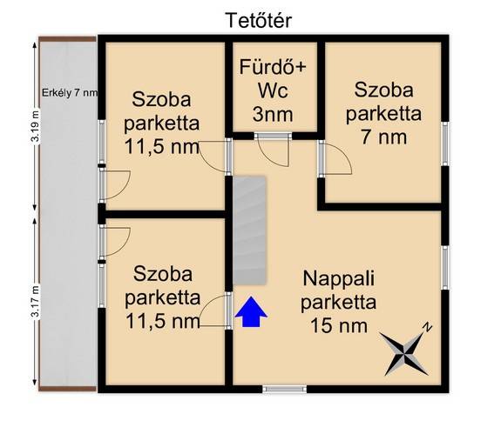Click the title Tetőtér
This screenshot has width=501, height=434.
[258, 20]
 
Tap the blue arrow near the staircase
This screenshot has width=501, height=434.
[251, 312]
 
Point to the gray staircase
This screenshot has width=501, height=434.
[249, 230]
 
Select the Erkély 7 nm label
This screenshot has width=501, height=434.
[70, 93]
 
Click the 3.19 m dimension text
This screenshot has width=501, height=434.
[36, 126]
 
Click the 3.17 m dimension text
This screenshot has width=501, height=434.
[36, 301]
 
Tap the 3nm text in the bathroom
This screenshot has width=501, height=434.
[273, 115]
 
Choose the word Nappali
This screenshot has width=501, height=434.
[339, 278]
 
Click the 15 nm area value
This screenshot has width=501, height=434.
[339, 325]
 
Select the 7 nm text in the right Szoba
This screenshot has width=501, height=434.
[383, 137]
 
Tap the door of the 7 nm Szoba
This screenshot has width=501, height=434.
[335, 158]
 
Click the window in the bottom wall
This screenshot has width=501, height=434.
[285, 389]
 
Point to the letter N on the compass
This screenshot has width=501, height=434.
[427, 328]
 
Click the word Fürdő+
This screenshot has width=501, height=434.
[273, 67]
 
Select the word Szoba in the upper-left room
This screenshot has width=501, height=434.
[162, 99]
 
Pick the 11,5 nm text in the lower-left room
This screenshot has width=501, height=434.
[163, 322]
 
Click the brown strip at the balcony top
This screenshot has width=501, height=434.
[67, 39]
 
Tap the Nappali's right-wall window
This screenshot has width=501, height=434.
[445, 268]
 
